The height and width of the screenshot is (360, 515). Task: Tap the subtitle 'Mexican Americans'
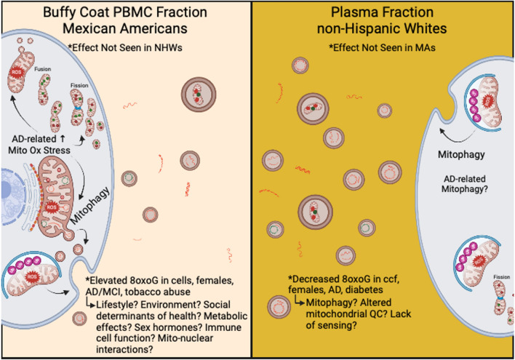[x=125, y=32]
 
